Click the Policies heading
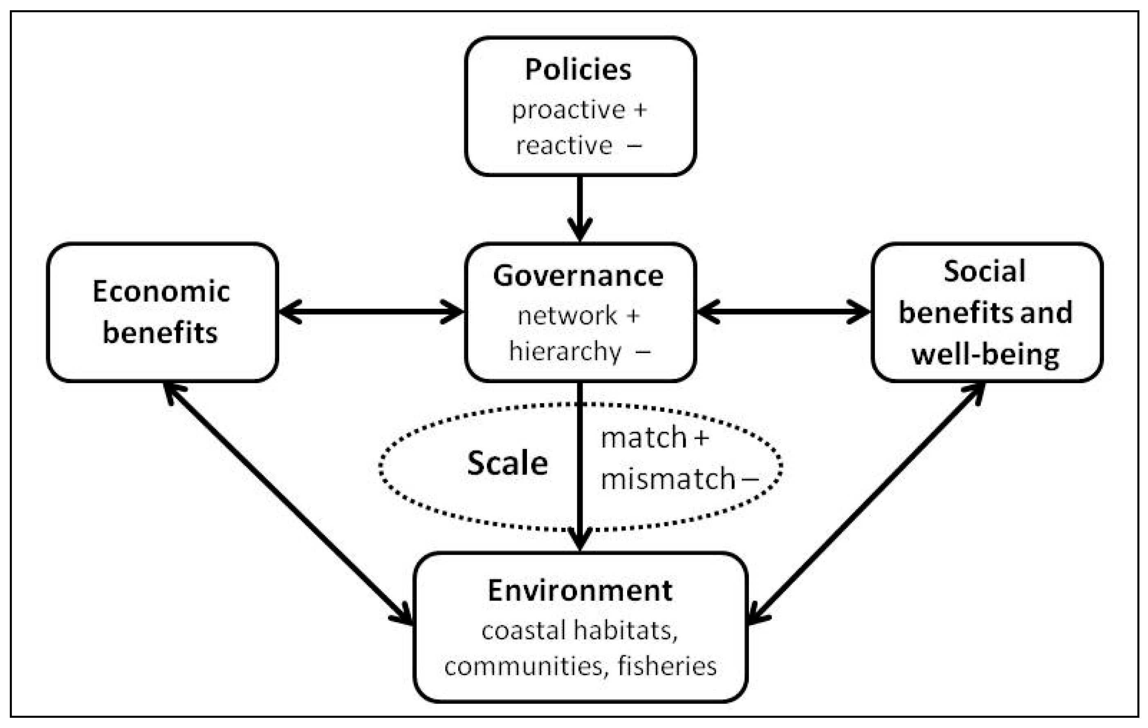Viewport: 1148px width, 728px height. click(578, 69)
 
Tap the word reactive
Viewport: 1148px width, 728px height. click(564, 145)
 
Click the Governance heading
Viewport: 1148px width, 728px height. click(578, 276)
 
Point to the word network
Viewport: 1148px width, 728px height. click(567, 316)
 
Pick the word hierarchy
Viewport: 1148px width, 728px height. click(565, 352)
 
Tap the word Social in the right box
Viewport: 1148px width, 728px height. click(984, 272)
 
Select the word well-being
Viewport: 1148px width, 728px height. click(985, 355)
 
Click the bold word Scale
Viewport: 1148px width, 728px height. click(507, 463)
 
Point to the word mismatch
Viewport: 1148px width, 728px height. click(668, 478)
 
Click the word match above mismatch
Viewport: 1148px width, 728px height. click(644, 438)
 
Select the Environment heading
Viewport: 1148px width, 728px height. click(580, 591)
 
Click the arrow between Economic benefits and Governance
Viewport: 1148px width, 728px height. click(371, 312)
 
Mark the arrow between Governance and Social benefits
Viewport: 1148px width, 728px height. click(784, 312)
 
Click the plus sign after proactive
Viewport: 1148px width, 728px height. click(640, 110)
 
